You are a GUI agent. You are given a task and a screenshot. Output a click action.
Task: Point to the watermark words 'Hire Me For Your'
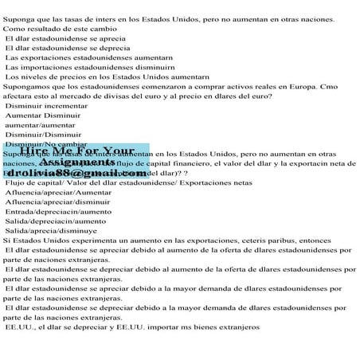pos(83,151)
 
